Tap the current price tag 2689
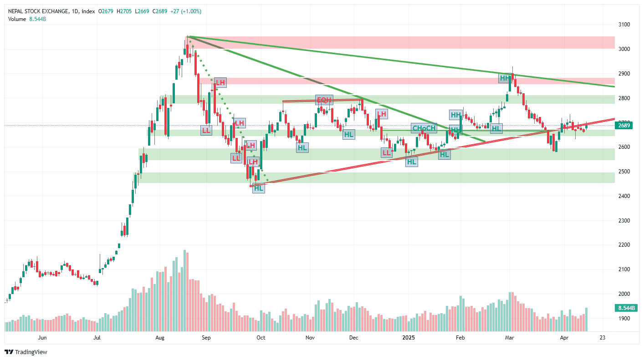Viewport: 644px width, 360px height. [x=624, y=126]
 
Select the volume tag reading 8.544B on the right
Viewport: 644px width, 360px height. [x=627, y=308]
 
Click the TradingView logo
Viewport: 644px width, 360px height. [x=26, y=352]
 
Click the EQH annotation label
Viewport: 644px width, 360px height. [x=324, y=100]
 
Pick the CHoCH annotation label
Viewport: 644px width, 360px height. [x=424, y=128]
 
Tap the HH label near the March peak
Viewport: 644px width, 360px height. [x=505, y=78]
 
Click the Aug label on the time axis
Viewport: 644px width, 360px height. [x=159, y=338]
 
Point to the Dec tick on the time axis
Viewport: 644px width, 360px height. [x=354, y=338]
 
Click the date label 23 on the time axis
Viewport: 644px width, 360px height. [x=603, y=338]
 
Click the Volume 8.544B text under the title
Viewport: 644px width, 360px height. [x=27, y=19]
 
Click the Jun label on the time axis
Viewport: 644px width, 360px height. [x=42, y=338]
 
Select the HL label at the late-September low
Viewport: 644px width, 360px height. [x=259, y=188]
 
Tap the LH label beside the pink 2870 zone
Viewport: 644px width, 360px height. [x=220, y=82]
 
